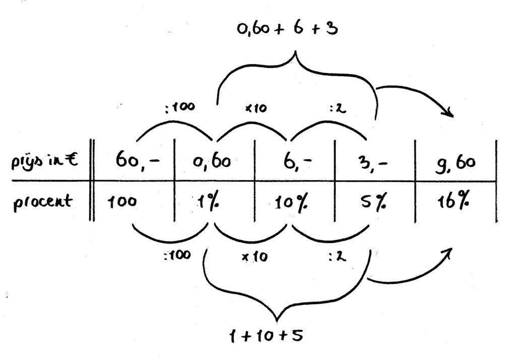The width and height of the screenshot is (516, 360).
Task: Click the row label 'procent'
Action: (x=43, y=202)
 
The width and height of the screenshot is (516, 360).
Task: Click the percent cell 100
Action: (x=121, y=202)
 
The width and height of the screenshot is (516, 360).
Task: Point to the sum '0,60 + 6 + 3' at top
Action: (x=288, y=29)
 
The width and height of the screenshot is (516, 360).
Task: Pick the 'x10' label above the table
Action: (x=256, y=108)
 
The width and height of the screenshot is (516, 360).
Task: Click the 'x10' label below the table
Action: (x=254, y=257)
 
